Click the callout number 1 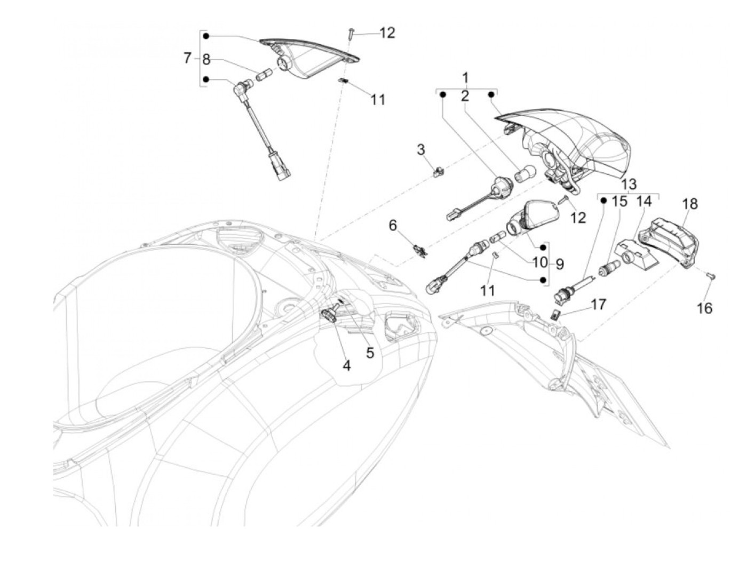click(466, 76)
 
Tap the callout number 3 click(421, 149)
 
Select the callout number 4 click(346, 366)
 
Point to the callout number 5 click(370, 352)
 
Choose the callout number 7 click(187, 58)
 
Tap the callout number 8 click(206, 59)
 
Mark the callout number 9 click(560, 263)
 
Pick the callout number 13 click(629, 185)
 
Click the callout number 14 click(644, 202)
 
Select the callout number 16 click(704, 308)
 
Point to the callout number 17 click(599, 304)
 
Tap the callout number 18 click(689, 204)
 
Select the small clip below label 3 click(439, 171)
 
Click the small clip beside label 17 click(555, 315)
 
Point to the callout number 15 click(619, 202)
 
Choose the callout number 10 click(539, 263)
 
